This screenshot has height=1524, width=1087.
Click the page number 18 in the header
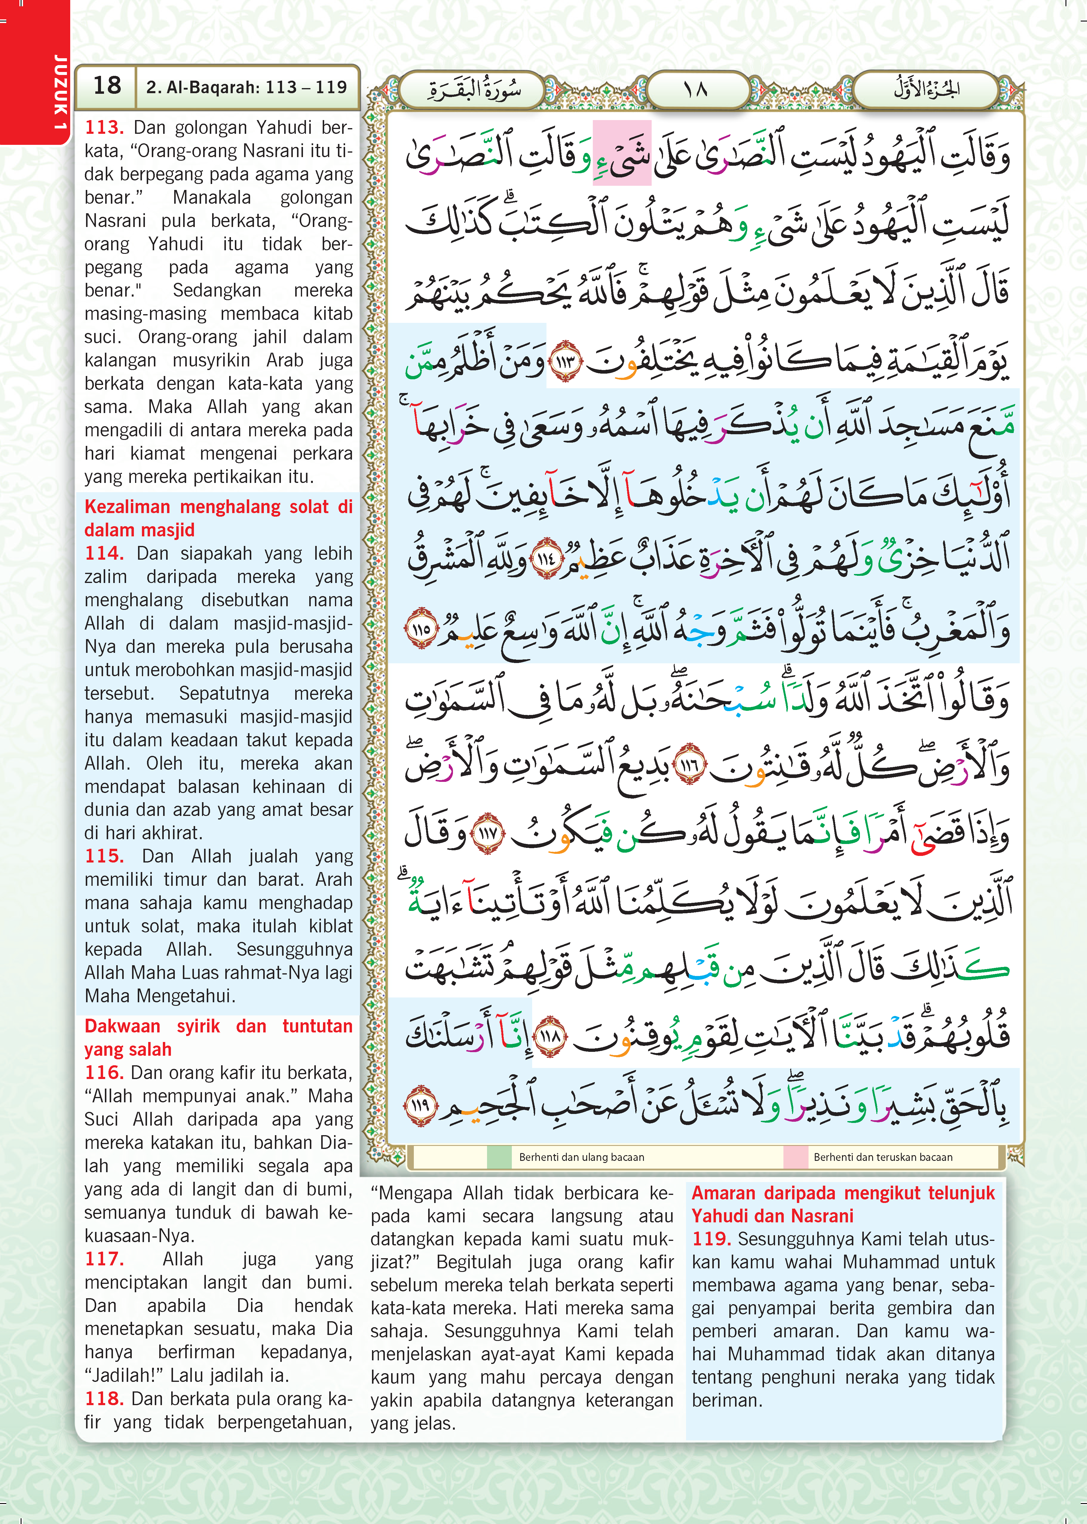(107, 86)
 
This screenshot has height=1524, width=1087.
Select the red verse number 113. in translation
(104, 127)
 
